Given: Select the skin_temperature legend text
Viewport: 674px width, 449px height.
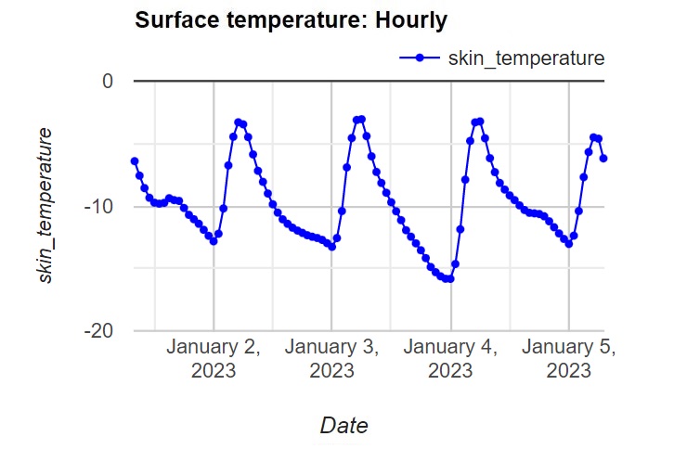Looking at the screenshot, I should pos(526,58).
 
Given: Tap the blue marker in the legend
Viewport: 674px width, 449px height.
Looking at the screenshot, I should pos(421,58).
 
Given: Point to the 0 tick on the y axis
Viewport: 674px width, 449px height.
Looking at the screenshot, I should pos(108,82).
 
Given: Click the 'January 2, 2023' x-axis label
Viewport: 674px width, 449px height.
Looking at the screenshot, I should pos(214,359).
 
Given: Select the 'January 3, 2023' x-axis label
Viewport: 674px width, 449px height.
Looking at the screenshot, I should pos(331,359).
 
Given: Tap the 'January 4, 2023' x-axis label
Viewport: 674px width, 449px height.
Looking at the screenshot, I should pos(451,359).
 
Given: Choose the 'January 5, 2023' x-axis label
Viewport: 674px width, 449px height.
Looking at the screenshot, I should pos(569,359).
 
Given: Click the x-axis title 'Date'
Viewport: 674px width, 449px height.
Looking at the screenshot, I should pos(343,426).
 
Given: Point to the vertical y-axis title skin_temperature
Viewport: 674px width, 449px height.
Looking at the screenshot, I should pos(44,205).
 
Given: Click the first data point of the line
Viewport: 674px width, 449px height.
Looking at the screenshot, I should pos(135,161).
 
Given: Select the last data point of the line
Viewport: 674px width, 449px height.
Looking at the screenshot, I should pos(603,159).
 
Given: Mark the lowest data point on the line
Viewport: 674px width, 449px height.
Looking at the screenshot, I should pos(450,279).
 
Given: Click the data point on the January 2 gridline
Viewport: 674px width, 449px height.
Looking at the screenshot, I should pos(214,241).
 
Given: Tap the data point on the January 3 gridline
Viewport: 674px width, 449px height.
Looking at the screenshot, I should pos(331,247).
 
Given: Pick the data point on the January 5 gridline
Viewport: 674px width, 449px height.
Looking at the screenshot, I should pos(569,244).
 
